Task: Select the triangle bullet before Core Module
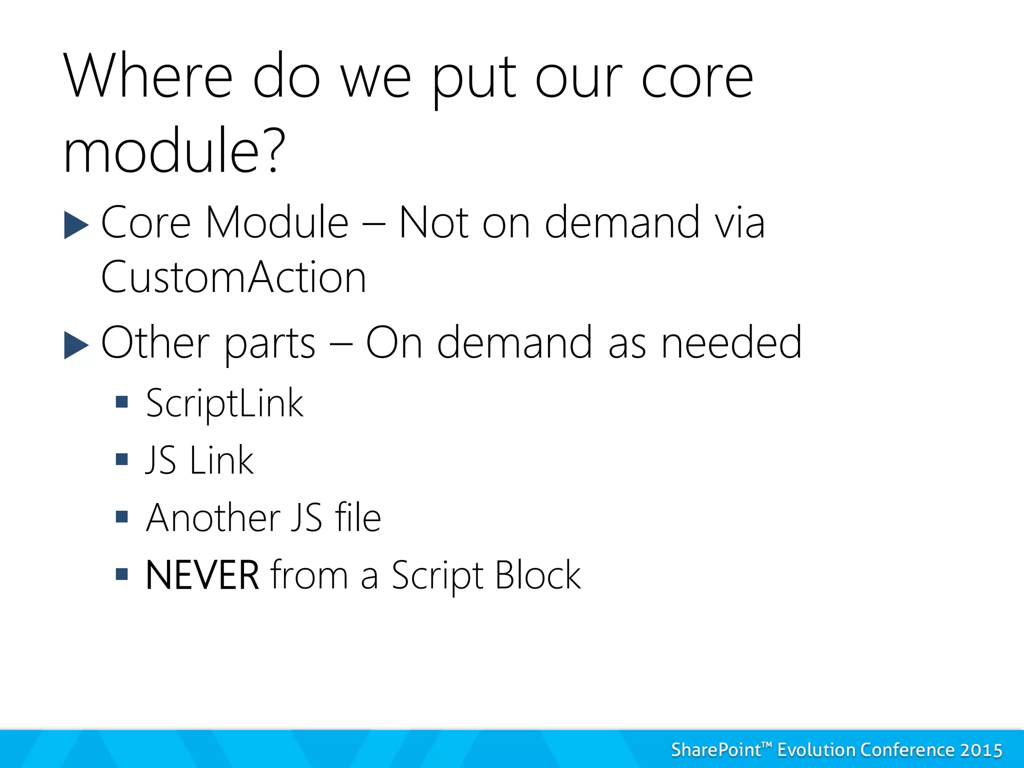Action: [76, 224]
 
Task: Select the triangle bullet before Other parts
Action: [76, 345]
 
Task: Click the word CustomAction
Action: [233, 277]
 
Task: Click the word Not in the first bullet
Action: [433, 223]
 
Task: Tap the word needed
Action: [731, 343]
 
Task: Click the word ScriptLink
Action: [224, 403]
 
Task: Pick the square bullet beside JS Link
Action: [121, 459]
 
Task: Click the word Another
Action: [213, 517]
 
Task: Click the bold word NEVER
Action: [202, 575]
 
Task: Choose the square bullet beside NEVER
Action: [121, 573]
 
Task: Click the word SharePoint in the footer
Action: [715, 750]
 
